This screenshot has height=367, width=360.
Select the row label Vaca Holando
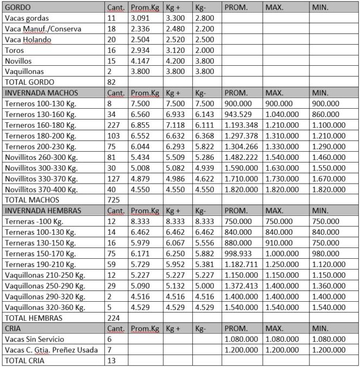click(x=28, y=39)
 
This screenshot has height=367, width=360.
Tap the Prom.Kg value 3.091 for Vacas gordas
click(x=142, y=18)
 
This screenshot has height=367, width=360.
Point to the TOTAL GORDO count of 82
click(x=113, y=81)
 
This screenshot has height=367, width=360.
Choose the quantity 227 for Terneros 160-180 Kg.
click(x=114, y=125)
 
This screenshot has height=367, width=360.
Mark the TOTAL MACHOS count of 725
click(x=115, y=200)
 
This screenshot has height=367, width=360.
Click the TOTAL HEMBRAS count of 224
click(x=115, y=318)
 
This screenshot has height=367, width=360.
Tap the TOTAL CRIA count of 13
click(x=113, y=360)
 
